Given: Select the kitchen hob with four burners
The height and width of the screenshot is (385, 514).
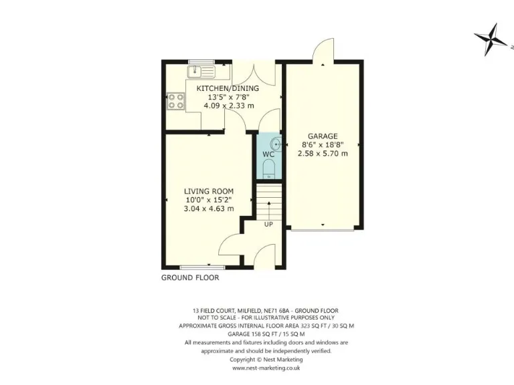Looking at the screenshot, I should pos(176,101).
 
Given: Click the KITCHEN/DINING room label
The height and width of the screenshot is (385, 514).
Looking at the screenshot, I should pos(227,88).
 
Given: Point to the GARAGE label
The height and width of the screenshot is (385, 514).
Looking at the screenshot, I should pos(323,136).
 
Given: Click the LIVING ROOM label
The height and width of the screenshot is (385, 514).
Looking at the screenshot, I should pos(209,191).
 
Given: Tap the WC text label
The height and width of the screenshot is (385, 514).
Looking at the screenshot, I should pos(268,154).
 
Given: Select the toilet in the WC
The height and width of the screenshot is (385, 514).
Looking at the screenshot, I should pos(268,170).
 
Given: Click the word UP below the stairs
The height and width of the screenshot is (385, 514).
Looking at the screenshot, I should pos(268,224).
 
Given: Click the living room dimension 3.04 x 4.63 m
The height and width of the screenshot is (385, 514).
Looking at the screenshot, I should pos(209,209).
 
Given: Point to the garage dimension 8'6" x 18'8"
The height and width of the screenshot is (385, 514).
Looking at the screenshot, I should pos(323,144).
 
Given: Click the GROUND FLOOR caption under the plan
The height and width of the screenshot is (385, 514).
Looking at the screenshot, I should pos(190,277).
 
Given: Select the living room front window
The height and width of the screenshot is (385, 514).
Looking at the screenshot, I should pos(197,266).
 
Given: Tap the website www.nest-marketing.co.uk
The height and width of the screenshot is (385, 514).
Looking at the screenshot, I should pos(266,368).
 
